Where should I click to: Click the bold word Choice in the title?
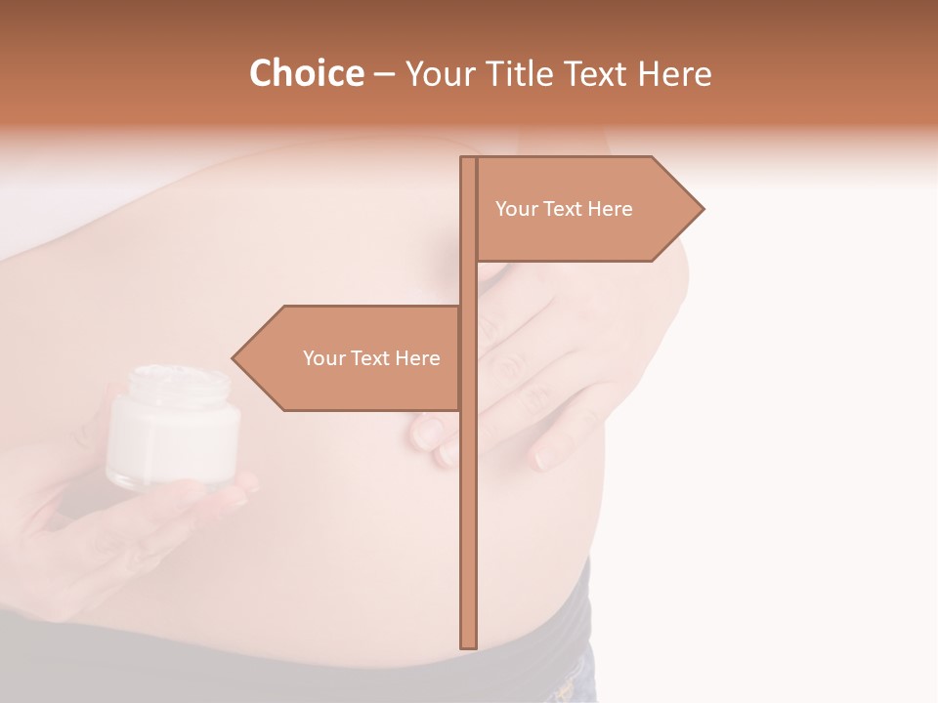coord(306,74)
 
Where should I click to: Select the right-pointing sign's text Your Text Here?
coord(564,209)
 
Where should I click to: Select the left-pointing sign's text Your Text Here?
coord(371,358)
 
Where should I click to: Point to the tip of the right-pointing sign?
coord(702,208)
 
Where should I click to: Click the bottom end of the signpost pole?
coord(469,645)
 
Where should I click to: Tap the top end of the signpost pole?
coord(469,159)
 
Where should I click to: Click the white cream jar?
coord(173,430)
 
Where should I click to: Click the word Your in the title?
coord(438,74)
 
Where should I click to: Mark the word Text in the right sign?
coord(566,209)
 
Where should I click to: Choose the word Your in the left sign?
coord(322,358)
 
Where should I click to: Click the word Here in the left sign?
coord(417,358)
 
